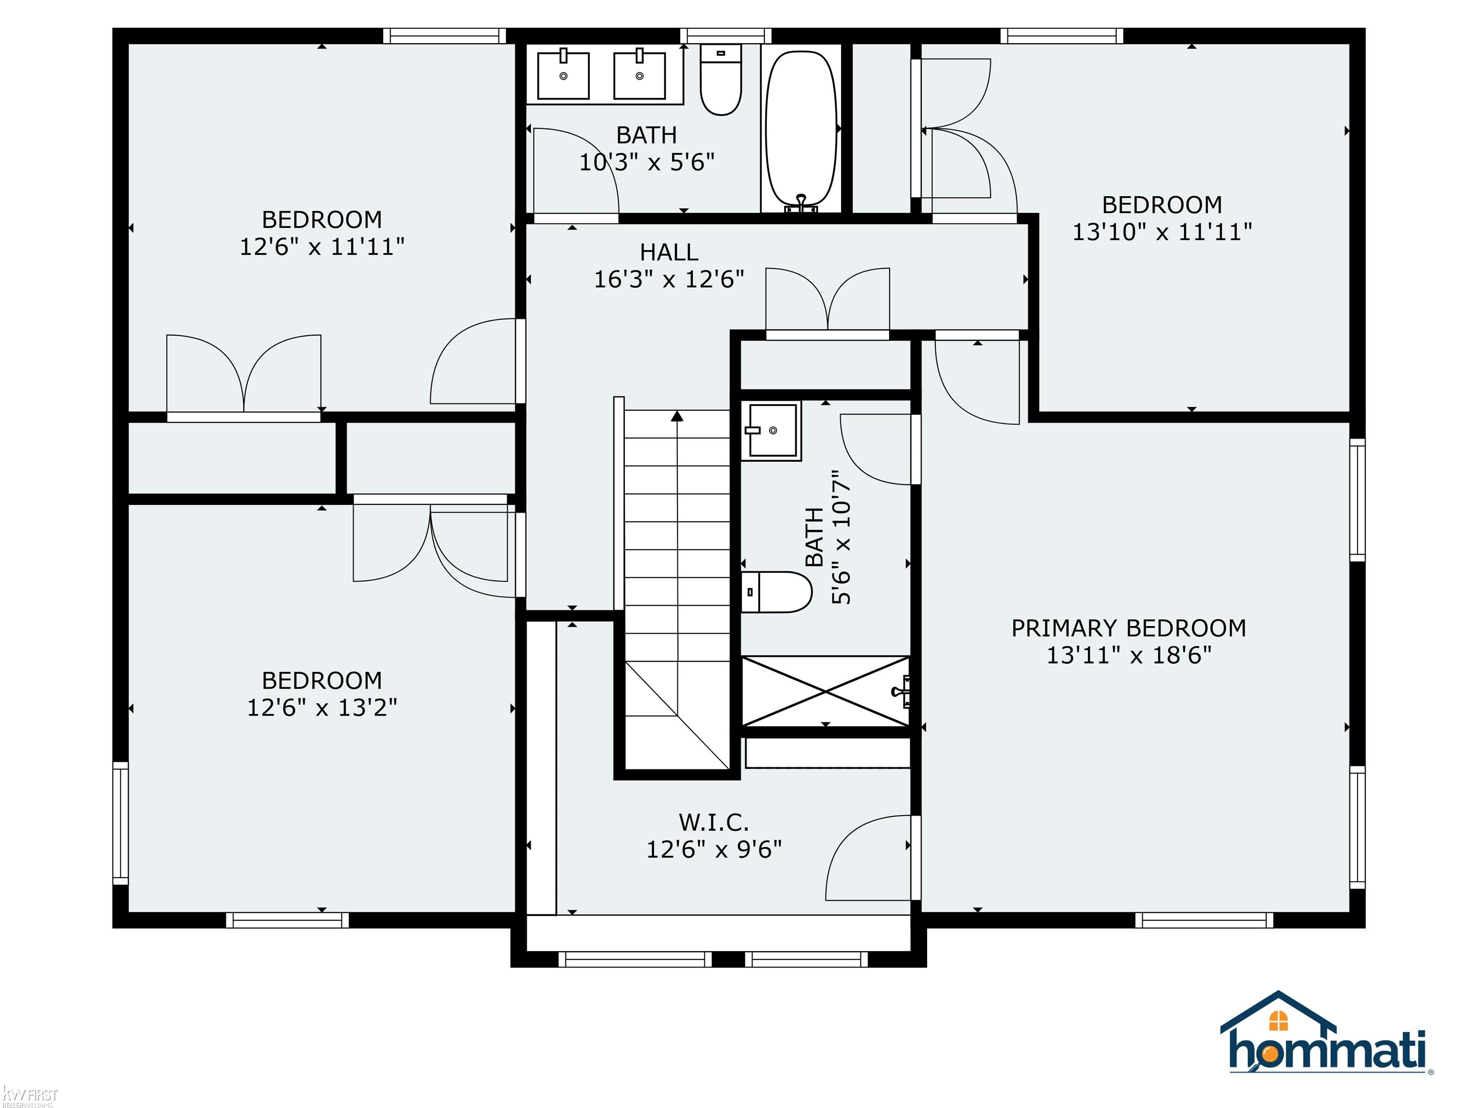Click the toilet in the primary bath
(x=777, y=592)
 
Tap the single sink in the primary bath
(x=772, y=431)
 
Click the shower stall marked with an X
(x=827, y=691)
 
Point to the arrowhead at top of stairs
(x=677, y=416)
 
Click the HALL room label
(x=669, y=252)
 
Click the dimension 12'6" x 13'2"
(x=322, y=707)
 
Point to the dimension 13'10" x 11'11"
(x=1162, y=232)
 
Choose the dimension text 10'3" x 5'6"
(x=647, y=162)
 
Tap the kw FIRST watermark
(x=30, y=1096)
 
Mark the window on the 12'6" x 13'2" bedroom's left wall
(x=120, y=823)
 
